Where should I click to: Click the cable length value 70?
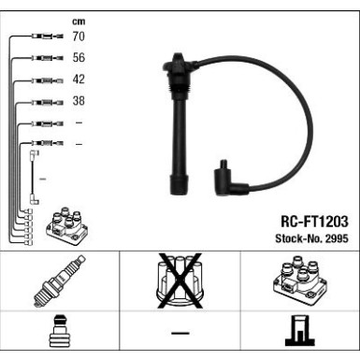pos(79,36)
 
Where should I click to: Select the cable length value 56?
pos(79,58)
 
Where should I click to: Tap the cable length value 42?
pos(79,79)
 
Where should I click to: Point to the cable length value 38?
pos(79,101)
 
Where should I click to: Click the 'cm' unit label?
pos(79,22)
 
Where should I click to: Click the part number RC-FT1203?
pos(314,222)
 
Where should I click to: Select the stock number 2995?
pos(337,238)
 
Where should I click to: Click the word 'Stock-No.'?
pos(298,238)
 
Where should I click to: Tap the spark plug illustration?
pos(59,281)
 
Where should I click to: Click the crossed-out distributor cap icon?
pos(180,281)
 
